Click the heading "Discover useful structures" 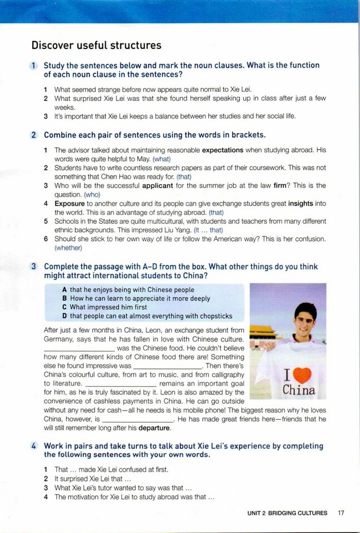96,45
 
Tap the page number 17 341,513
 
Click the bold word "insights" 305,204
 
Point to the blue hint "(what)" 162,159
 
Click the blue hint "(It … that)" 209,230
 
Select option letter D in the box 65,317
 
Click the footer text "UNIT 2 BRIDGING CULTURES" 288,513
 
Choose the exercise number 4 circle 34,446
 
